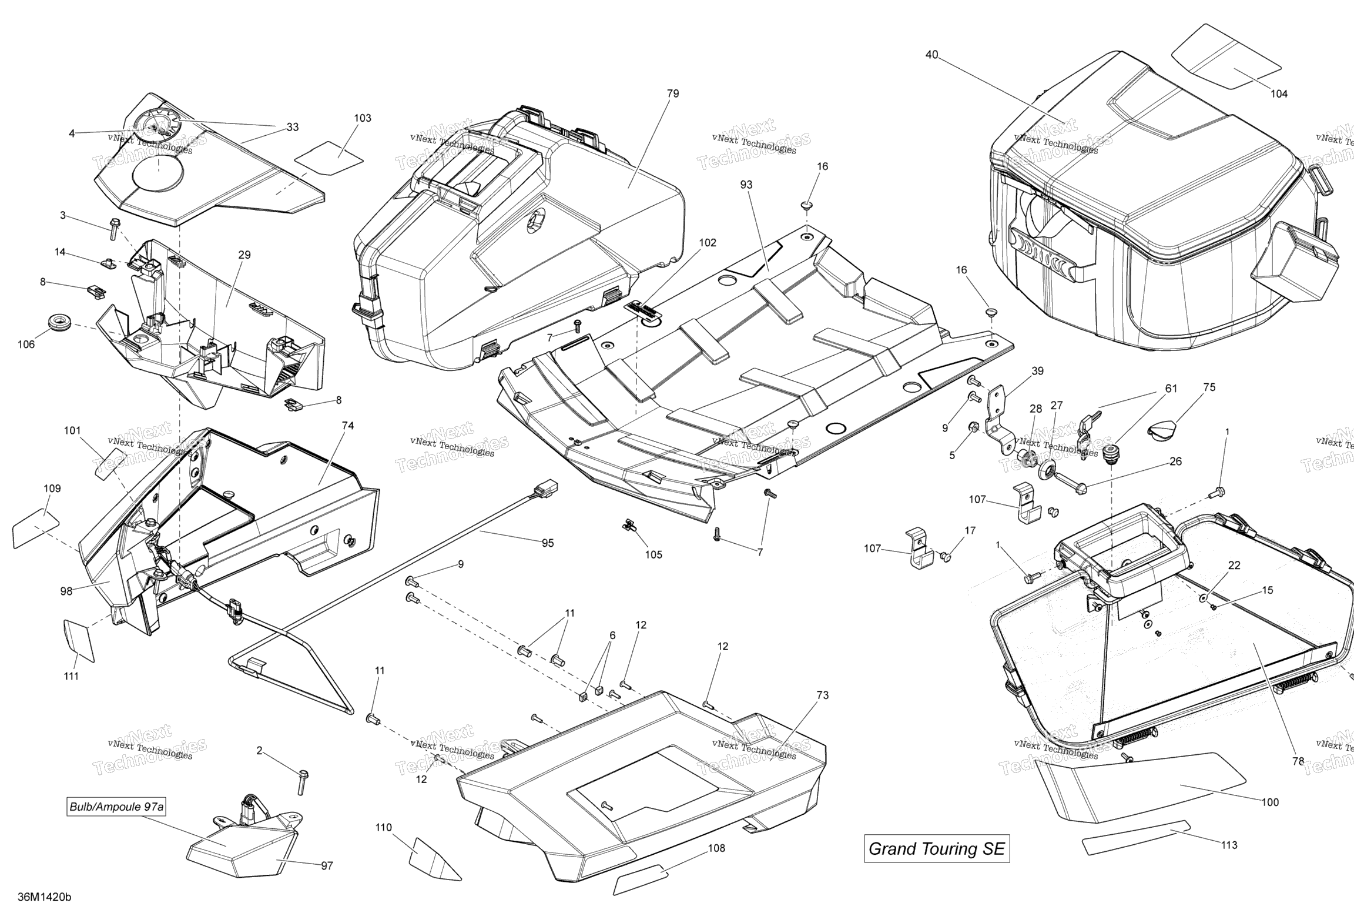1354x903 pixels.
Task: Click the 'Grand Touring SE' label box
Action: [937, 848]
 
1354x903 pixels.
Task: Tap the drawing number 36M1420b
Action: [44, 896]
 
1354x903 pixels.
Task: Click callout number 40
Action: [931, 55]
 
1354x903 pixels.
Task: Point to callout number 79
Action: [673, 93]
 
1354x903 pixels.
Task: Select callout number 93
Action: [746, 185]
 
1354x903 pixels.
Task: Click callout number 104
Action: [1279, 93]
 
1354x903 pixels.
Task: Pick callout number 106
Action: [26, 345]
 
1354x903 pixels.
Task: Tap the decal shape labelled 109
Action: [36, 529]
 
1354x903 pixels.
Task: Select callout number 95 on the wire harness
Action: [547, 543]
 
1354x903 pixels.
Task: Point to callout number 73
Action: [822, 695]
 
